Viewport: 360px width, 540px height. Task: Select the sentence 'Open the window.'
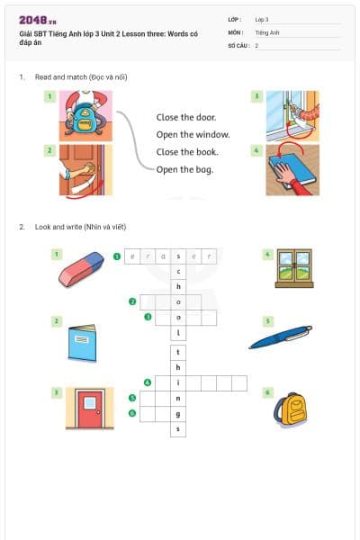193,135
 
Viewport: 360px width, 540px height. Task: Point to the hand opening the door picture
85,169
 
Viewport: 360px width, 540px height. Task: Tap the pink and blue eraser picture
82,268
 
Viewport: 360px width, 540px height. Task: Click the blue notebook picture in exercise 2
82,342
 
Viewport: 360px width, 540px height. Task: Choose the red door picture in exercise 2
90,409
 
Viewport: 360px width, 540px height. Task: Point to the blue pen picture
280,337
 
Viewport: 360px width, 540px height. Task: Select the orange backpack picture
291,409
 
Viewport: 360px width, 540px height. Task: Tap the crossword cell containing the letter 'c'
179,271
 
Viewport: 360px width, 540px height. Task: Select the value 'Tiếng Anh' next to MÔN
268,31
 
